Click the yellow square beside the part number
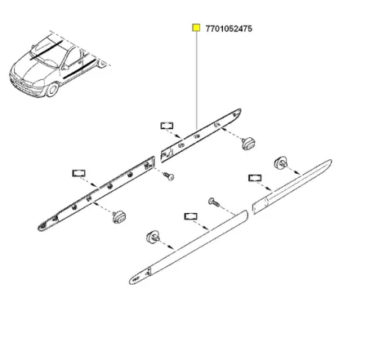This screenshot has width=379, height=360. pos(196,29)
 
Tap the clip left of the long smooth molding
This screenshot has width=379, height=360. pos(151,237)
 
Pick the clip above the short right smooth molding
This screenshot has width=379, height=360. pos(283,162)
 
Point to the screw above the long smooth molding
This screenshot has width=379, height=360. pos(214,201)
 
